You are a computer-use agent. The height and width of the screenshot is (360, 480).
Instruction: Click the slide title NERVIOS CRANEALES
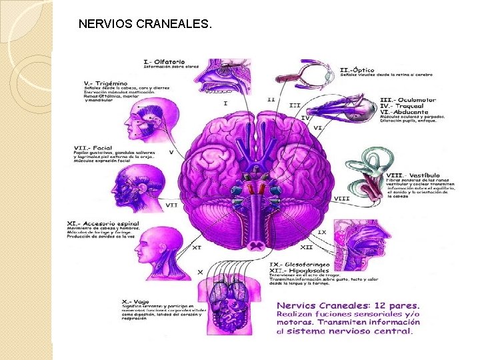[145, 25]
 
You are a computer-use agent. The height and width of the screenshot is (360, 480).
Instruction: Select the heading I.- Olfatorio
[165, 62]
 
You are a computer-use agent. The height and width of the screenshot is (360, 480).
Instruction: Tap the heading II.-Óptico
[357, 69]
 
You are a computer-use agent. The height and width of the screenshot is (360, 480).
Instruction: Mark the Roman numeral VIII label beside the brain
[341, 199]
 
